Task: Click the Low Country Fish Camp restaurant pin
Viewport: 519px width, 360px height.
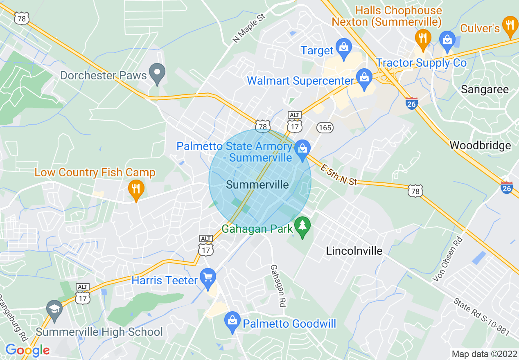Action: [136, 189]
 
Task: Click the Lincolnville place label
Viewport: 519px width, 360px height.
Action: [354, 251]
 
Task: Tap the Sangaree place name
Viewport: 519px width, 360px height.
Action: [485, 90]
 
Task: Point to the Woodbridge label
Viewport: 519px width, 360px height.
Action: [480, 145]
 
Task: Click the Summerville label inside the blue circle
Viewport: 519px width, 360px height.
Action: [257, 184]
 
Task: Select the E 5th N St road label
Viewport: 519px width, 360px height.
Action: [338, 175]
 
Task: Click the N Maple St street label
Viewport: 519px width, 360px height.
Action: [249, 28]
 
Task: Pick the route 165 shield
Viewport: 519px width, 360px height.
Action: [325, 128]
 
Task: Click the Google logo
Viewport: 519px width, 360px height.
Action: [27, 350]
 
